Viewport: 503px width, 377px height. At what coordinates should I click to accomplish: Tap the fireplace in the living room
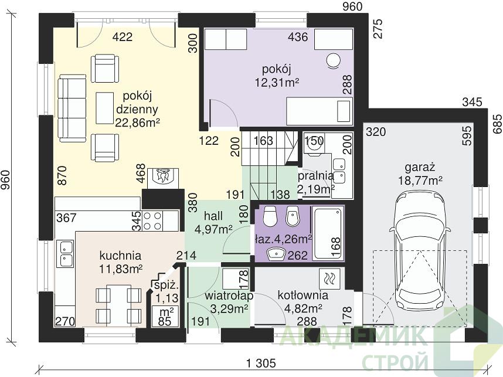pos(165,178)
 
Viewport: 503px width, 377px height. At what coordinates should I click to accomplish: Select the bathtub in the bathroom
pos(327,233)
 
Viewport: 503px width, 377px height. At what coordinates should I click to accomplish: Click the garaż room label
pos(420,168)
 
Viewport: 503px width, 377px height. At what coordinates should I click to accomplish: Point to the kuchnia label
pos(120,256)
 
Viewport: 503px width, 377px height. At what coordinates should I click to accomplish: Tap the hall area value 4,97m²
pos(213,229)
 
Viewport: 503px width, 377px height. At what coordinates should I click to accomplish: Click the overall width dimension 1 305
pos(261,363)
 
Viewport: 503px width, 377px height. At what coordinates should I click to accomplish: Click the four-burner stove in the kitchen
pos(152,220)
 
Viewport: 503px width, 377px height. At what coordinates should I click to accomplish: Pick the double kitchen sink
pos(66,253)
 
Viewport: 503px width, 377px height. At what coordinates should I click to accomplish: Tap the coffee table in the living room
pos(104,108)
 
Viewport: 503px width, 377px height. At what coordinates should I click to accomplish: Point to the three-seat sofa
pos(72,108)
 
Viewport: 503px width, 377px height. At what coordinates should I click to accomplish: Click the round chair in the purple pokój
pos(334,60)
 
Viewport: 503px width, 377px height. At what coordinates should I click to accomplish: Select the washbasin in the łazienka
pos(276,253)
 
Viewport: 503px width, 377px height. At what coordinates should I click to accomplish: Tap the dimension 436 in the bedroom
pos(298,37)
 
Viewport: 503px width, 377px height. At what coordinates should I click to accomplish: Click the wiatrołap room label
pos(229,295)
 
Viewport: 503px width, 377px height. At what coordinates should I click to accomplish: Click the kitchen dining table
pos(118,303)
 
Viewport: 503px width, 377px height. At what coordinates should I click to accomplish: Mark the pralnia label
pos(315,176)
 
